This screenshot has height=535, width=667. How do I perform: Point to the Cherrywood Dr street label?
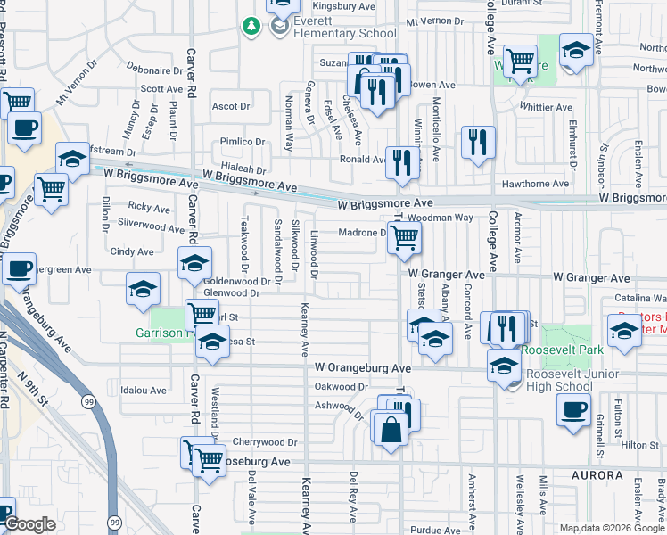(264, 442)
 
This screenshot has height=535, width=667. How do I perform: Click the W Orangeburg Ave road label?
(362, 367)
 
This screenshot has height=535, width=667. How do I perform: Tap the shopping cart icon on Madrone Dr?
(405, 237)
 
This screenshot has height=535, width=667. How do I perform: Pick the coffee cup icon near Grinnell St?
(572, 410)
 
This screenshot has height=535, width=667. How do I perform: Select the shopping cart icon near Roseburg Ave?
(209, 459)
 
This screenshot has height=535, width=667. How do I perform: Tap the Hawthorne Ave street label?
(535, 184)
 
